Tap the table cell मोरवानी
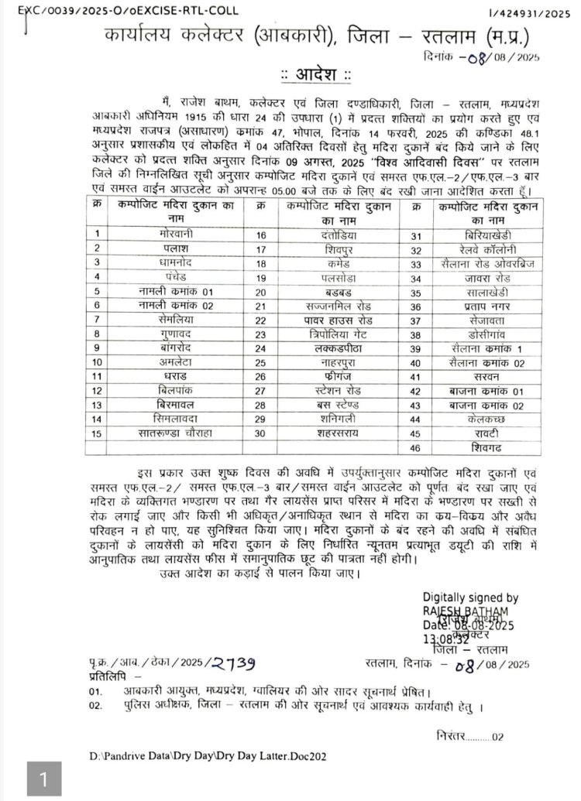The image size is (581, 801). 175,233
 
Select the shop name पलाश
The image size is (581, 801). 175,248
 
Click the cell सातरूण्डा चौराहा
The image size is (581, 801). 176,432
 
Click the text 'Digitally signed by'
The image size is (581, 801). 470,597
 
